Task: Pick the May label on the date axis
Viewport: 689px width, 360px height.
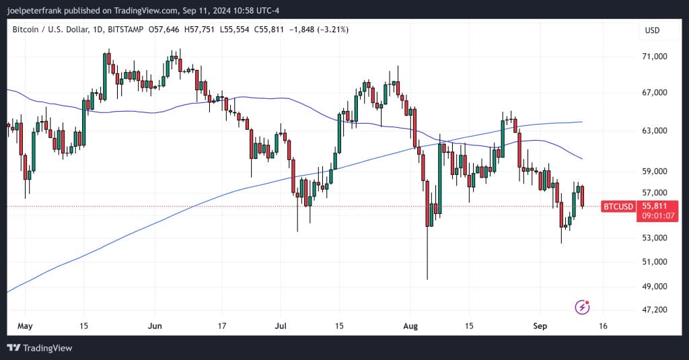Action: point(24,326)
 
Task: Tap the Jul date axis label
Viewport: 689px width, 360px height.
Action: point(281,326)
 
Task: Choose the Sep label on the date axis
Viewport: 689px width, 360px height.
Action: point(539,326)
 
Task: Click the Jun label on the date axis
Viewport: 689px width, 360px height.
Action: point(154,326)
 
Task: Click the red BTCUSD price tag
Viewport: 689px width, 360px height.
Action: point(618,206)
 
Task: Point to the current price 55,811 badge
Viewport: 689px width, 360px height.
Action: point(655,206)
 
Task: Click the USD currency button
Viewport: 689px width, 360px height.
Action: point(652,30)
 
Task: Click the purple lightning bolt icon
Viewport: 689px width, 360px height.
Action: point(583,308)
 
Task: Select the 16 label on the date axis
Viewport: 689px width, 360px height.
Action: point(603,326)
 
